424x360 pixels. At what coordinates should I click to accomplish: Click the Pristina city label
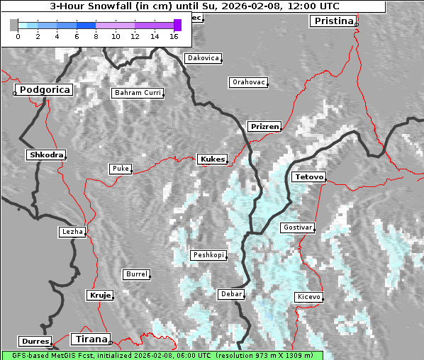pyautogui.click(x=333, y=21)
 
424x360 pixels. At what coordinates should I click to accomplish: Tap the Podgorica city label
pyautogui.click(x=44, y=90)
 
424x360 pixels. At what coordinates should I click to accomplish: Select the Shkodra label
pyautogui.click(x=46, y=154)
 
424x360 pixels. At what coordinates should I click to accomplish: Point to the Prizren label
pyautogui.click(x=264, y=127)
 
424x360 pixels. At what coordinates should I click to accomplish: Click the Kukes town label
pyautogui.click(x=212, y=159)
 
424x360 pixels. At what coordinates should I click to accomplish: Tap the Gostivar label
pyautogui.click(x=297, y=227)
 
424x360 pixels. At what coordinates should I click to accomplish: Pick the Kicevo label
pyautogui.click(x=308, y=297)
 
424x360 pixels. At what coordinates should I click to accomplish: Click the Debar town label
pyautogui.click(x=231, y=293)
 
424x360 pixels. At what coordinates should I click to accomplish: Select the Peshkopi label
pyautogui.click(x=208, y=255)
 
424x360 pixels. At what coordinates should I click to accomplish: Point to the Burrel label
pyautogui.click(x=136, y=274)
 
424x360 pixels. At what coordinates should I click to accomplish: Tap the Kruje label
pyautogui.click(x=99, y=295)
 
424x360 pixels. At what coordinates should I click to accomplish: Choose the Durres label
pyautogui.click(x=35, y=342)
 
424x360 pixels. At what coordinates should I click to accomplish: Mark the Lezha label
pyautogui.click(x=72, y=232)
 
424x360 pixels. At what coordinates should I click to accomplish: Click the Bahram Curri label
pyautogui.click(x=138, y=93)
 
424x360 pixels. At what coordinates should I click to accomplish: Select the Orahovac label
pyautogui.click(x=248, y=82)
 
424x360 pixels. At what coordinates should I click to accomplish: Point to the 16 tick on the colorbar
pyautogui.click(x=174, y=35)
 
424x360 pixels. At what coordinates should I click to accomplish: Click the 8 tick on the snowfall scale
pyautogui.click(x=96, y=35)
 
